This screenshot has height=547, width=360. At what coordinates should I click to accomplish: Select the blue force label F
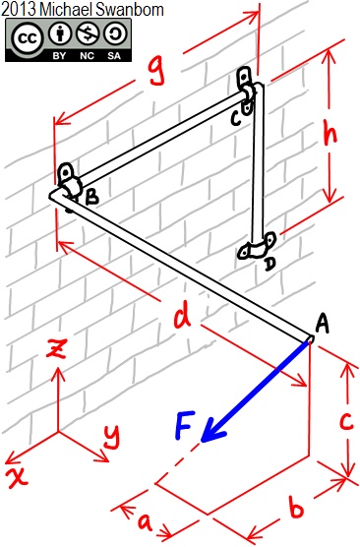click(x=187, y=428)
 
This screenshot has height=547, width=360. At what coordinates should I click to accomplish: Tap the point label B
click(x=90, y=198)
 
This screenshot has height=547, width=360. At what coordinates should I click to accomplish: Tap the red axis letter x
click(x=17, y=477)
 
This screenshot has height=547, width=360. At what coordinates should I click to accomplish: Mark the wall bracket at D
click(x=258, y=248)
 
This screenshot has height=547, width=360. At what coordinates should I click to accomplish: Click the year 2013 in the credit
click(x=20, y=9)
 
